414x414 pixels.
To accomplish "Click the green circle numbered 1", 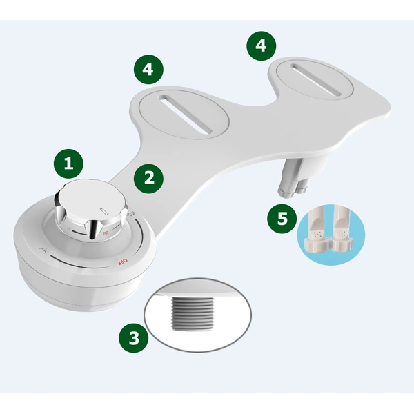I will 68,164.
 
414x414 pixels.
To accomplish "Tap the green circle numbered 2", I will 149,178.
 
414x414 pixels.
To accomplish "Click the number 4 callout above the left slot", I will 149,69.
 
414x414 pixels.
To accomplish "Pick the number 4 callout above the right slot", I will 260,46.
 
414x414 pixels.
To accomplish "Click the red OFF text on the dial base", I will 120,262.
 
